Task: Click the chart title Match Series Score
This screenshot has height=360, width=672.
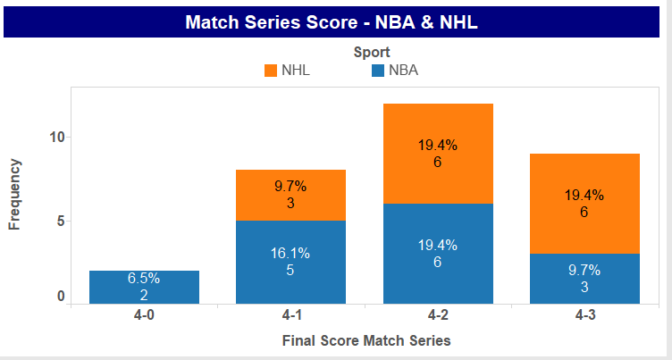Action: point(271,22)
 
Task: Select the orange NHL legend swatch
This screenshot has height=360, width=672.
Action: point(271,71)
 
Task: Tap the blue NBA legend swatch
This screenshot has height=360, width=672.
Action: point(378,71)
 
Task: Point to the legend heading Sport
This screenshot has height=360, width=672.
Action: point(372,53)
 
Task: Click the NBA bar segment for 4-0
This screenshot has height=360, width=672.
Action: point(144,287)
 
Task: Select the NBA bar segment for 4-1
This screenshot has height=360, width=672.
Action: point(290,263)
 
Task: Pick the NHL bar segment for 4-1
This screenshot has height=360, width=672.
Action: point(290,196)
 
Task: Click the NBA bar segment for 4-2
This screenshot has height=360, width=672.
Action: point(438,254)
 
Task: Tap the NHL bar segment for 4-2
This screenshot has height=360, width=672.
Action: point(438,154)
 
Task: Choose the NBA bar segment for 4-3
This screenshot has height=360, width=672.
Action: point(584,279)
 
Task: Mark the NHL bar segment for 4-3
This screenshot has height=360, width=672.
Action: point(584,204)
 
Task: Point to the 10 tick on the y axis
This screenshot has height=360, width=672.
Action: point(56,138)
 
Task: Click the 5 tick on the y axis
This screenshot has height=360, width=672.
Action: point(61,222)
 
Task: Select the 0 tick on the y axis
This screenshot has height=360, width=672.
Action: point(61,297)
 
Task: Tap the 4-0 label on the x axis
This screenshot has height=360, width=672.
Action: point(144,315)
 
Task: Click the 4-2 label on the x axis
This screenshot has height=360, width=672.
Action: point(438,315)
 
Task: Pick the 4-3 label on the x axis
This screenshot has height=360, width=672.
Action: point(585,315)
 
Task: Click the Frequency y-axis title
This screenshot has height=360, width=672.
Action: point(14,195)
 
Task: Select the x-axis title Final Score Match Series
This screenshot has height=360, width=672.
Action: point(366,340)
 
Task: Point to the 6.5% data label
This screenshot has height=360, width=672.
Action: point(144,278)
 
